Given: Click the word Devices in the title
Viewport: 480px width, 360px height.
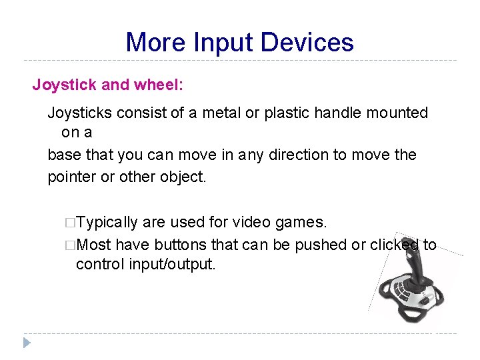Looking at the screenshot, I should click(x=307, y=43).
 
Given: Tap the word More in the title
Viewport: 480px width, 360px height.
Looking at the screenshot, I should click(x=155, y=43).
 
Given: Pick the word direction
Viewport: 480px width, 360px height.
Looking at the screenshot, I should click(x=298, y=155).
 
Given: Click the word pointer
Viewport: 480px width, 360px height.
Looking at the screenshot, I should click(x=70, y=177).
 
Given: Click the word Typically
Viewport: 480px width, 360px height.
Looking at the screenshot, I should click(x=107, y=222).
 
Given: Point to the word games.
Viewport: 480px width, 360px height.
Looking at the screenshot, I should click(x=301, y=222).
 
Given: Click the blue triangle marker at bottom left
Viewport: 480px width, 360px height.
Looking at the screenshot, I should click(x=27, y=343).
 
